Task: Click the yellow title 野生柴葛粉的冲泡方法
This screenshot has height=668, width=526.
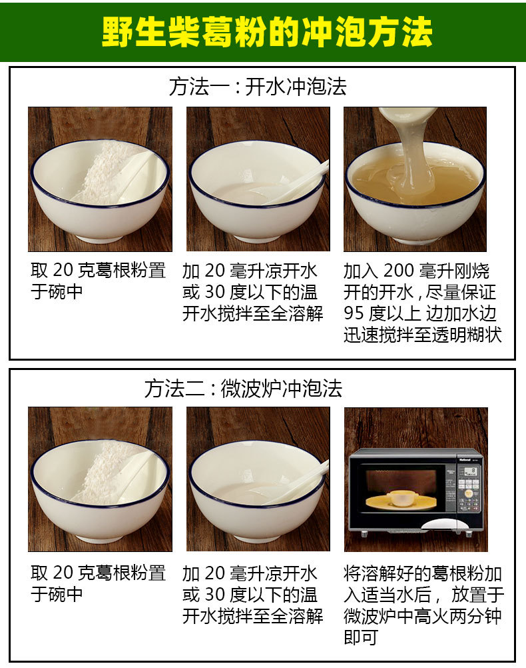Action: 267,32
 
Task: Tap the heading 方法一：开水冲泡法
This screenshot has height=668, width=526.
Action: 258,87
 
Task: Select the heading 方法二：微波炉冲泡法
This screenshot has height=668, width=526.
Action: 243,389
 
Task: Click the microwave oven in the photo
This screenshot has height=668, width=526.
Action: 415,493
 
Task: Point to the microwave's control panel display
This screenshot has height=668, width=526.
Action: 469,471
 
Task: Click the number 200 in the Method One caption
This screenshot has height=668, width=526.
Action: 399,271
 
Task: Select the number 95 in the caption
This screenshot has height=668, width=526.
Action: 354,313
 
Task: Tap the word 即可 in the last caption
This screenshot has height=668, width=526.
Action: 361,637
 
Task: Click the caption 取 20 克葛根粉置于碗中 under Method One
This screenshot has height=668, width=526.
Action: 98,281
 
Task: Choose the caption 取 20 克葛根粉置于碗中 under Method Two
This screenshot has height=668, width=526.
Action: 98,583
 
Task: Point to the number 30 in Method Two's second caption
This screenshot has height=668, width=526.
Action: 215,595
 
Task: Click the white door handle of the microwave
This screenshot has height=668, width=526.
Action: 438,524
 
